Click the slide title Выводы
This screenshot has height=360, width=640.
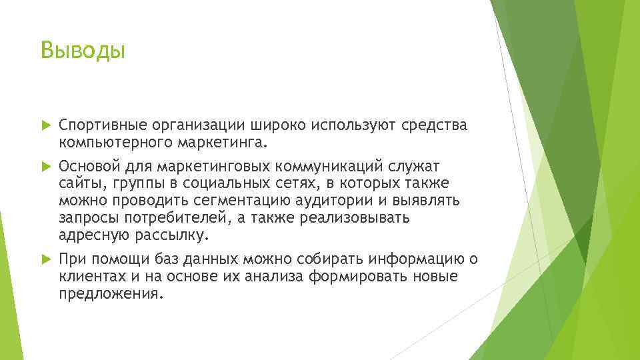(x=83, y=50)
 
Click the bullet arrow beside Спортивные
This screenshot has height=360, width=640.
(x=45, y=125)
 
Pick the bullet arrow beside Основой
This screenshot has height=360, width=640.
(x=45, y=165)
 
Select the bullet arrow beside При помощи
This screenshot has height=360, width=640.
(x=45, y=259)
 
